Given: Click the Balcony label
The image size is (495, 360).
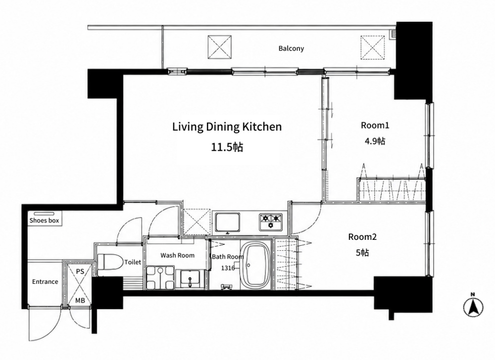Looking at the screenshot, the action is pos(291,48).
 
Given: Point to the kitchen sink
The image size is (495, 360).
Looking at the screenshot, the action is pos(227,222).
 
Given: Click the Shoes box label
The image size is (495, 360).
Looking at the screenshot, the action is pos(44,221).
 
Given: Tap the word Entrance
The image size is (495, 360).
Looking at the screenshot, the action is pos(45,281).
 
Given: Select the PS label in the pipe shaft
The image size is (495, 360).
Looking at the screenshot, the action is pos(80,271).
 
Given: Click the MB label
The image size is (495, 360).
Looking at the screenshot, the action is pos(80,301).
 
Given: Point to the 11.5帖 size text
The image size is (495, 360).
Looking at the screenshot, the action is pos(227,147).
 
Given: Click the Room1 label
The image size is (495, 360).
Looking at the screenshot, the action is pos(375,126).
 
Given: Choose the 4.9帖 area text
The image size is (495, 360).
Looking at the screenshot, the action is pos(375,141).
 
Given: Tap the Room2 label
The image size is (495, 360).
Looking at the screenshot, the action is pos(362,237).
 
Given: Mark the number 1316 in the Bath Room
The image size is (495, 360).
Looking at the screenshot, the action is pos(228,268).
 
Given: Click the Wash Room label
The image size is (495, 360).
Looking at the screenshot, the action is pos(177,255).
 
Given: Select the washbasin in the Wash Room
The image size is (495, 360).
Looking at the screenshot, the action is pos(190,279).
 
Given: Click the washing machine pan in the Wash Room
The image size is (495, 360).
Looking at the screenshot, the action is pos(160,278).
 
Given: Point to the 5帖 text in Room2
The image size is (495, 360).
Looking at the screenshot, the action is pos(362,253).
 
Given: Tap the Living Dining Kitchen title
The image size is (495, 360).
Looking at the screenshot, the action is pos(227,127).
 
